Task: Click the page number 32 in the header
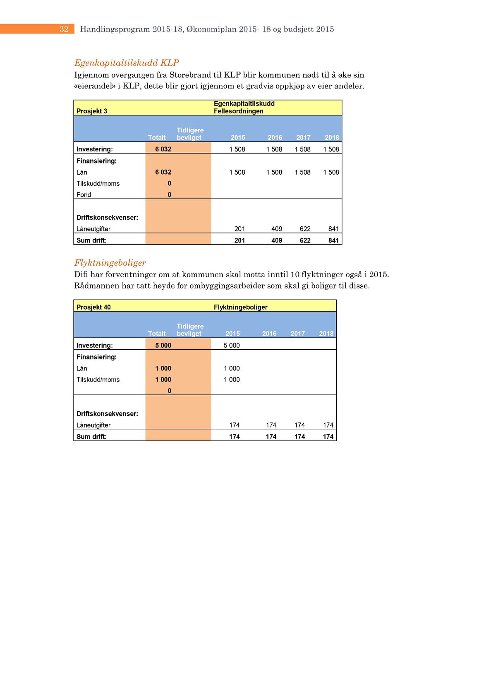[x=64, y=29]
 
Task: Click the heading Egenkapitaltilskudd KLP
[x=127, y=63]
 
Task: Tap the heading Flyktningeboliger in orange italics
[x=110, y=263]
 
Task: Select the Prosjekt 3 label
[x=92, y=111]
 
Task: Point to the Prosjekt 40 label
[x=93, y=307]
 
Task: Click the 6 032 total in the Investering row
[x=163, y=149]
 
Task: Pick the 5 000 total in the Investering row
[x=163, y=345]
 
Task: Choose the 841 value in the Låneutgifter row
[x=333, y=229]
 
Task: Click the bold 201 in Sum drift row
[x=239, y=240]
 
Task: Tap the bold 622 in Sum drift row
[x=305, y=240]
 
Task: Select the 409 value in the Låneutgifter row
[x=277, y=229]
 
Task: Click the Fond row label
[x=84, y=194]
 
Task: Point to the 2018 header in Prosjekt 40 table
[x=326, y=334]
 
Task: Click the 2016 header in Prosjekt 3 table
[x=275, y=137]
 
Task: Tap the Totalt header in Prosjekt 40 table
[x=157, y=334]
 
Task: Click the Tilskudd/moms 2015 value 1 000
[x=232, y=379]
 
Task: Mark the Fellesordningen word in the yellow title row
[x=238, y=111]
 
